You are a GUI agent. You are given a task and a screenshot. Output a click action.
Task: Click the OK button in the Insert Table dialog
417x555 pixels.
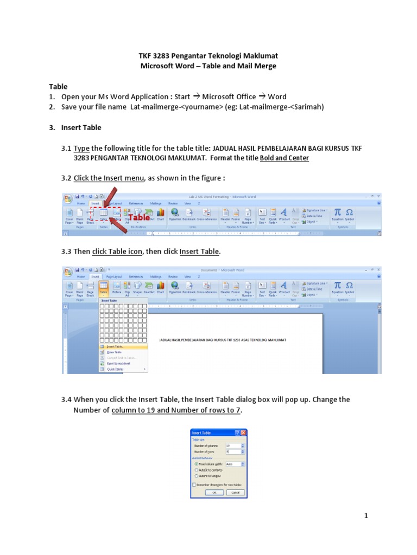click(214, 492)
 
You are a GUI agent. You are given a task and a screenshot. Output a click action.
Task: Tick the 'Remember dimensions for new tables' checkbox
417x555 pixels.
click(194, 485)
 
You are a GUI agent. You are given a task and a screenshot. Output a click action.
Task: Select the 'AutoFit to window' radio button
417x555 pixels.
click(196, 475)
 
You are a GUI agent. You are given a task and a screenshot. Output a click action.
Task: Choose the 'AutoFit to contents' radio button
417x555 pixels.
click(196, 470)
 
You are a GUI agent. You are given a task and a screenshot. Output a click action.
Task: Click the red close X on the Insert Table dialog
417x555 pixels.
click(244, 433)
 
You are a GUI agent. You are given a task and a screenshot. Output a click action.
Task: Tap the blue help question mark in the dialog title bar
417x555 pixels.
click(238, 433)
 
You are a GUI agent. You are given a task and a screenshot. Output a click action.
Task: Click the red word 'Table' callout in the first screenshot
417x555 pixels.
click(139, 217)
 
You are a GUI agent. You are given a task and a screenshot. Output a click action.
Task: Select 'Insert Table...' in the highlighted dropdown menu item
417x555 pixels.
click(115, 346)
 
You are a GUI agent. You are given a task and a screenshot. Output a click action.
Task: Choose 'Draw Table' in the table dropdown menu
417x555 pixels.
click(114, 352)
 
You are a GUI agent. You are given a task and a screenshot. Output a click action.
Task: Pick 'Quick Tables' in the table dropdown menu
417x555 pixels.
click(115, 369)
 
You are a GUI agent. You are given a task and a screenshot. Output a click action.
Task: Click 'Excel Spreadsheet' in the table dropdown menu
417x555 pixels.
click(118, 363)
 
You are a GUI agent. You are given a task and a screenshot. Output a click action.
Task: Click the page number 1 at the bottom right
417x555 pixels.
click(366, 516)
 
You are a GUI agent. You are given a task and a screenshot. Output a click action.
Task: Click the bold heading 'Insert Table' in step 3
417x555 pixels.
click(81, 128)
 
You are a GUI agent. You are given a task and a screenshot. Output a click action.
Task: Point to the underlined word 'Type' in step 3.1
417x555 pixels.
click(81, 149)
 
